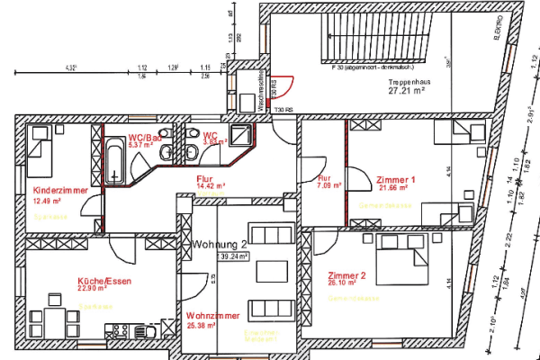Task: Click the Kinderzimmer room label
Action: click(58, 192)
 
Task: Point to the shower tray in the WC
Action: click(240, 136)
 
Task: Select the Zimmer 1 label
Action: click(396, 180)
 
